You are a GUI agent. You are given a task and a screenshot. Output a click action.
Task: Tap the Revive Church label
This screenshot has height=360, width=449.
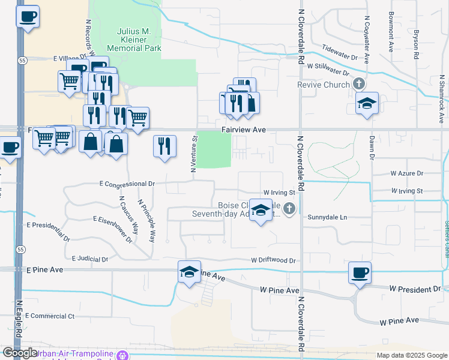click(x=323, y=85)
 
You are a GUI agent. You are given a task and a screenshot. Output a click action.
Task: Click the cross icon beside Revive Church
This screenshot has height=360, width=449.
click(x=359, y=83)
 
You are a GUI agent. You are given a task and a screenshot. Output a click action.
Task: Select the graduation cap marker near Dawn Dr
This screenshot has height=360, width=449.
click(x=367, y=103)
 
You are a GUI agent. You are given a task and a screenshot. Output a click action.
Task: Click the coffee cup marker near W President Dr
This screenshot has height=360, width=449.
click(x=360, y=273)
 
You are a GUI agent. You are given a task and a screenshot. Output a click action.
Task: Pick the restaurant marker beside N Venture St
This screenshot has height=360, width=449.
click(x=164, y=146)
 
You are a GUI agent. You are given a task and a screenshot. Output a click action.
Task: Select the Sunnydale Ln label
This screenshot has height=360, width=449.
click(x=327, y=217)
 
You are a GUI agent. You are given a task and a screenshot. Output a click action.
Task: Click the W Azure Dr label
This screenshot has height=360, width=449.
click(x=406, y=173)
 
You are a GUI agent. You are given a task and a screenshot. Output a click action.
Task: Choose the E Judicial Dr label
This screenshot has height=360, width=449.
click(x=89, y=259)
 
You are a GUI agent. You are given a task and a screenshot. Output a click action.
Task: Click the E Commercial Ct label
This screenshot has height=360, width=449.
click(x=50, y=316)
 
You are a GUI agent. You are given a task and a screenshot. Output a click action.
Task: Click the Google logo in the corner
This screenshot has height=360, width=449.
click(x=20, y=353)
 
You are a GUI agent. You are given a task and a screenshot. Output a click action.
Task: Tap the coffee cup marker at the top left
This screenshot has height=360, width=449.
click(x=27, y=16)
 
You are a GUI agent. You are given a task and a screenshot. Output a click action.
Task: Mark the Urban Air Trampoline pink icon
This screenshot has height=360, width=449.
click(x=122, y=355)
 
